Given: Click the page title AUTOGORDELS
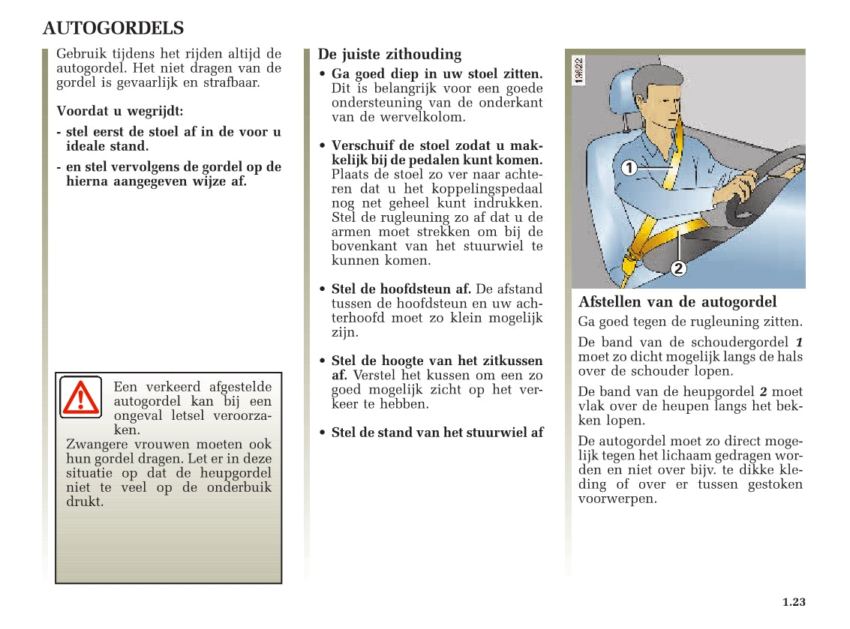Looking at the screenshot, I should (113, 28).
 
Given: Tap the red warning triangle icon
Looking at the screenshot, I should (80, 398).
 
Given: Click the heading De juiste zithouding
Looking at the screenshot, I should (389, 54).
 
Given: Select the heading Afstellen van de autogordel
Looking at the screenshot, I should (677, 302).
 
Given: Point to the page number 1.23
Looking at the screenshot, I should (793, 602).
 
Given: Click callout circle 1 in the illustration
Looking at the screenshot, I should (629, 168).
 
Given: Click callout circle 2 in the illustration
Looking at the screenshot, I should (677, 268).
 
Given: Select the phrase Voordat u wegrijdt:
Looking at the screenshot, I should (119, 111).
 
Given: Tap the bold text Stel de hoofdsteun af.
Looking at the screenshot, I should (401, 289).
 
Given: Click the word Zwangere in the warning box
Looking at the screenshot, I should (92, 445).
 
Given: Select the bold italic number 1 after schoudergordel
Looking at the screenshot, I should (798, 343).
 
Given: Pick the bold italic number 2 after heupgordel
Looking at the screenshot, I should (763, 392).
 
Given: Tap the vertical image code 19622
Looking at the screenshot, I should (579, 70).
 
